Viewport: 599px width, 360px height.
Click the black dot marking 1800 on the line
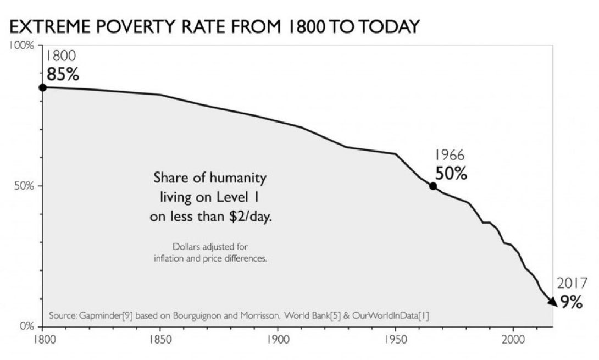[42, 87]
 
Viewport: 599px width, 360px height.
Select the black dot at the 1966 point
[433, 186]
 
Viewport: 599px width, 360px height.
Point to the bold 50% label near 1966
[451, 174]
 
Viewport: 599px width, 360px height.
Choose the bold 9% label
[571, 303]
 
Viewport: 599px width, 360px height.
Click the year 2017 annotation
[572, 283]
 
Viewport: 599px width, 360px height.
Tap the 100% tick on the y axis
[21, 46]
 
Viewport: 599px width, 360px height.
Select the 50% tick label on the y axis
[24, 186]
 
